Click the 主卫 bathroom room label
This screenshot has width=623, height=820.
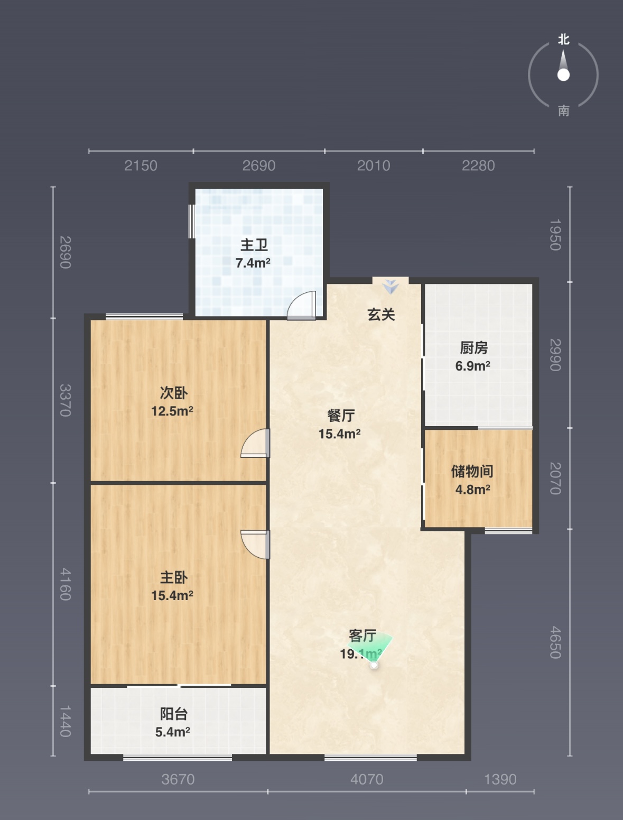pyautogui.click(x=254, y=245)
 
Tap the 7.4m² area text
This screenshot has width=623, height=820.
pyautogui.click(x=253, y=263)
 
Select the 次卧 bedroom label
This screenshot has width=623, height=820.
pyautogui.click(x=173, y=393)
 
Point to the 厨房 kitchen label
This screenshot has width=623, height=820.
pyautogui.click(x=473, y=348)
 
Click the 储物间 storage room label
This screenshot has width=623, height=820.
pyautogui.click(x=472, y=472)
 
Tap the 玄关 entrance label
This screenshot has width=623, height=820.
pyautogui.click(x=381, y=315)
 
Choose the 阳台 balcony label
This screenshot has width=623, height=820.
pyautogui.click(x=173, y=714)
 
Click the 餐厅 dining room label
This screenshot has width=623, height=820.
pyautogui.click(x=341, y=416)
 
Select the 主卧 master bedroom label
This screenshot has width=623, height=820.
pyautogui.click(x=173, y=577)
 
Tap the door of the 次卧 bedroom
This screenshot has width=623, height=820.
pyautogui.click(x=255, y=443)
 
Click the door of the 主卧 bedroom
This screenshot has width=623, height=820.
pyautogui.click(x=255, y=545)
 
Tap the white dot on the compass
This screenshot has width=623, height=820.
pyautogui.click(x=563, y=75)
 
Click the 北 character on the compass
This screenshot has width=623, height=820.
pyautogui.click(x=564, y=39)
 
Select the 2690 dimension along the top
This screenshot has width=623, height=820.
pyautogui.click(x=259, y=165)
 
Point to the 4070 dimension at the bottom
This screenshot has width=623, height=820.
pyautogui.click(x=367, y=779)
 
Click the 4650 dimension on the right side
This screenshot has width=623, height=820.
pyautogui.click(x=555, y=642)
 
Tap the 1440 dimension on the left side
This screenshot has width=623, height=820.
pyautogui.click(x=66, y=721)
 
